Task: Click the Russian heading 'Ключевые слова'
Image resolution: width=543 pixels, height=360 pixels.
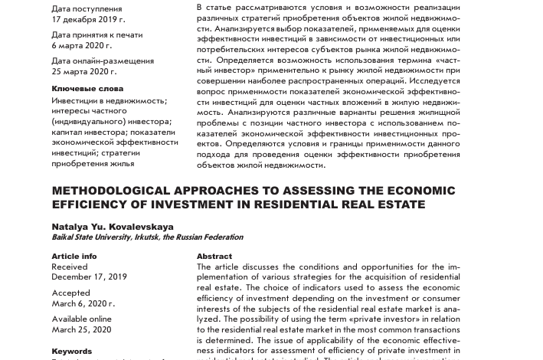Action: pos(87,89)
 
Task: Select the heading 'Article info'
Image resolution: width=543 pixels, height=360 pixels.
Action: pos(74,257)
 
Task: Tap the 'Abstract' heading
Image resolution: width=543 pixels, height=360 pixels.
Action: pos(214,257)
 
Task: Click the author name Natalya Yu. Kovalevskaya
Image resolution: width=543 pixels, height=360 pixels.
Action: pos(113,227)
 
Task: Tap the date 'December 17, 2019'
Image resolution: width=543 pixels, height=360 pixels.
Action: pos(90,277)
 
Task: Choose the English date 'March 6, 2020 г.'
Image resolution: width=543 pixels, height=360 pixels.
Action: pos(83,303)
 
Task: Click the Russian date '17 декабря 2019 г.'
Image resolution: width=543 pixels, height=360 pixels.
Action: pos(88,19)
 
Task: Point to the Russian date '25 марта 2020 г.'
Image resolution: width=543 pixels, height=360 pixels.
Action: pos(84,71)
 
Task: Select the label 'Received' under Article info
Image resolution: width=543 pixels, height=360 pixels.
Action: pos(70,267)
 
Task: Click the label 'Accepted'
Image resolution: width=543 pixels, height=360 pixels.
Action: pos(71,293)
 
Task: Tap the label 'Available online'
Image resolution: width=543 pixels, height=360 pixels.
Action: pos(82,319)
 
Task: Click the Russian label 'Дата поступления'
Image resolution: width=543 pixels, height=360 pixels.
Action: pos(87,9)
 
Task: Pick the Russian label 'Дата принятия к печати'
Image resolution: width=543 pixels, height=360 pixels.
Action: pos(97,35)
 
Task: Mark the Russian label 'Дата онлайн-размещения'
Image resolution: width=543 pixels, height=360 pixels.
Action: pos(103,61)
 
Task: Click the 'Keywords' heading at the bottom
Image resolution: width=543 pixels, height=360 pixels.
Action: pos(72,352)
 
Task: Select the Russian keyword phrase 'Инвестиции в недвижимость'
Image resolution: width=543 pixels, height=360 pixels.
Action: pos(109,100)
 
